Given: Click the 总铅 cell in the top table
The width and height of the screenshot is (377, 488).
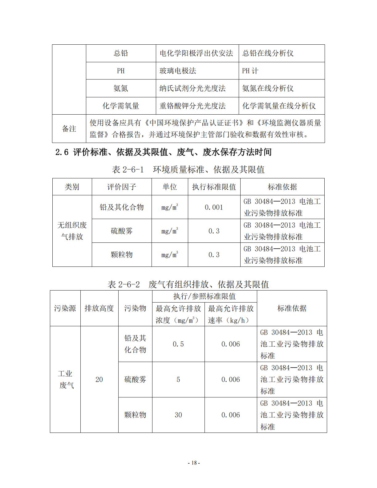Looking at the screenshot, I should click(x=121, y=53).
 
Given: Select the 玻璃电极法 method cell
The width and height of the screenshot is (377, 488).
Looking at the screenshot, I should click(x=178, y=71).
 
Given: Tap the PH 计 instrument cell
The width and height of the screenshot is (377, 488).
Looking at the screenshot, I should click(x=250, y=71).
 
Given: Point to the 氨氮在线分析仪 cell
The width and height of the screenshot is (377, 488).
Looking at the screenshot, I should click(x=268, y=88).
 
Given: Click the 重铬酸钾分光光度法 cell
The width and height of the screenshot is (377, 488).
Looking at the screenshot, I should click(x=193, y=106).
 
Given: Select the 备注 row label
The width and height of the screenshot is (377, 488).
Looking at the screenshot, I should click(x=69, y=129).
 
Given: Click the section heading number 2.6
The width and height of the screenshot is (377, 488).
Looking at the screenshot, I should click(x=62, y=152).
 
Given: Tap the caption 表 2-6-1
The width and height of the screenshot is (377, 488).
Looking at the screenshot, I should click(x=128, y=169).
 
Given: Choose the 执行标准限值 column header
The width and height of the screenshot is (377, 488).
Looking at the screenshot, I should click(x=214, y=187).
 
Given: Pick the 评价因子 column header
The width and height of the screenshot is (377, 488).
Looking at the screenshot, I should click(x=122, y=187).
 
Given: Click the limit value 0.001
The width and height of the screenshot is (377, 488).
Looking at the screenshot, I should click(x=214, y=207).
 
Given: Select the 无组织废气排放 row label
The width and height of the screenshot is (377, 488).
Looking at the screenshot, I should click(x=72, y=231).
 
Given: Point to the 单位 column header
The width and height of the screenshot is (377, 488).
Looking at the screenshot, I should click(x=170, y=187).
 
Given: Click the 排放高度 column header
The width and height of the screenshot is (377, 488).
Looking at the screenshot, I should click(x=99, y=308).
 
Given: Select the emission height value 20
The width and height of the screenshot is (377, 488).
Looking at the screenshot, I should click(x=99, y=380).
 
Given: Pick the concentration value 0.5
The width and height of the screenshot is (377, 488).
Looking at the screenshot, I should click(x=178, y=344).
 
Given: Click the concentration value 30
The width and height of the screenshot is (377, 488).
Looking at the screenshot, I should click(x=178, y=415).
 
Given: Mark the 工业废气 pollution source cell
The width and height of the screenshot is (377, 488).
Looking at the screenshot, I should click(x=65, y=380).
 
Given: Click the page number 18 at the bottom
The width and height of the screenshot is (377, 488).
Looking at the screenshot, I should click(x=194, y=463).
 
